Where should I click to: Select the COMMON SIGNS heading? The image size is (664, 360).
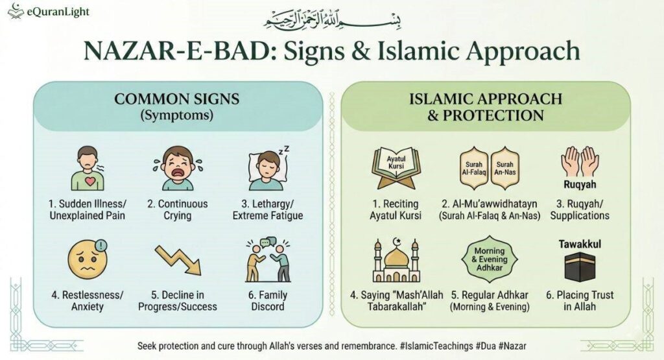coord(177,99)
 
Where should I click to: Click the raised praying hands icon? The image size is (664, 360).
coord(579,162)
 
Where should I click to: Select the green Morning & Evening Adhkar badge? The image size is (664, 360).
coord(490,259)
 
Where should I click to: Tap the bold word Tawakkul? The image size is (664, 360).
coord(579,244)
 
